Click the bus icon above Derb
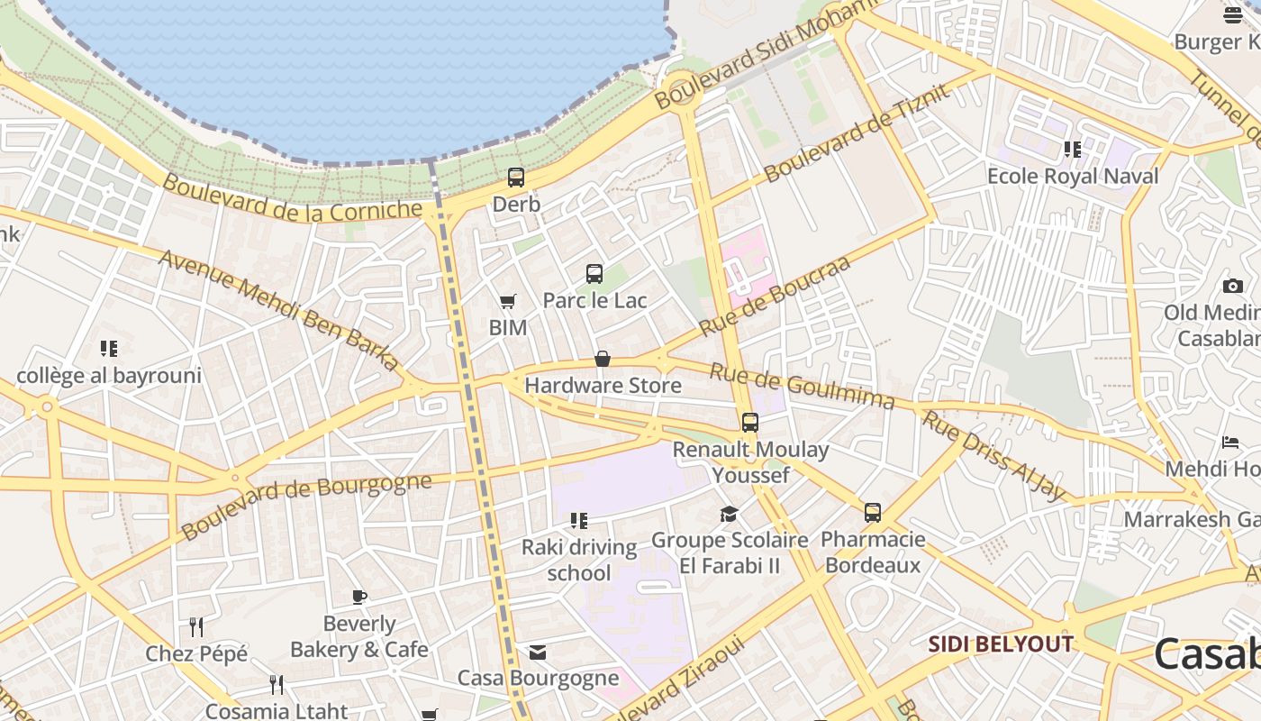click(516, 178)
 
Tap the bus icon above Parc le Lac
click(594, 274)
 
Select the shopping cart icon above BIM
click(508, 302)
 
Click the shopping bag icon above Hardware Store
click(603, 360)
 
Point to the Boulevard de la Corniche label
click(292, 197)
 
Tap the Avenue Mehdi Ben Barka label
click(279, 311)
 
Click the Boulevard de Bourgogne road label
click(306, 506)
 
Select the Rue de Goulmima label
click(802, 386)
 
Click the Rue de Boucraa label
click(775, 297)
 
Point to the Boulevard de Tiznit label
click(857, 132)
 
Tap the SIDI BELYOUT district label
click(1001, 644)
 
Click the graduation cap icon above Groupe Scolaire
click(729, 514)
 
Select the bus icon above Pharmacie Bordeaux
click(873, 513)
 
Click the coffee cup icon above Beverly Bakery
click(359, 597)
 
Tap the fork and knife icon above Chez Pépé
click(196, 626)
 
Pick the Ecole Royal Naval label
click(1073, 176)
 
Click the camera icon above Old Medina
click(1233, 287)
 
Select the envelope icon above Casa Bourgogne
click(538, 653)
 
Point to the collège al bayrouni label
click(109, 375)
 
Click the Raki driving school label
click(579, 560)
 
